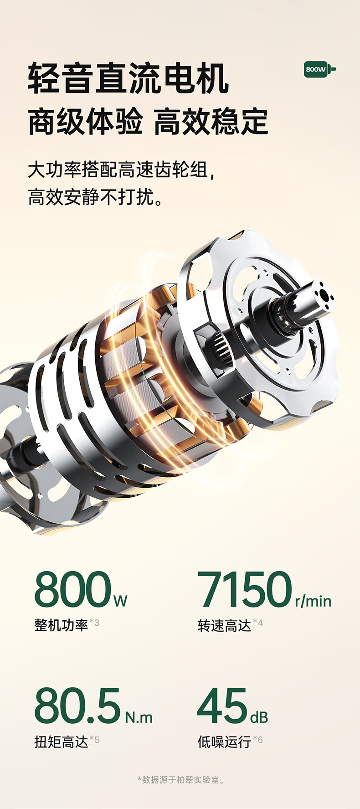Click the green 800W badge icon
point(320,69)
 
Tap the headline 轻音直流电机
point(129,79)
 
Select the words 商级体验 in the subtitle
point(85,122)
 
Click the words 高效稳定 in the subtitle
point(211,122)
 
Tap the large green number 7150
point(245,589)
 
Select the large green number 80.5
point(77,706)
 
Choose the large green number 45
point(222,706)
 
